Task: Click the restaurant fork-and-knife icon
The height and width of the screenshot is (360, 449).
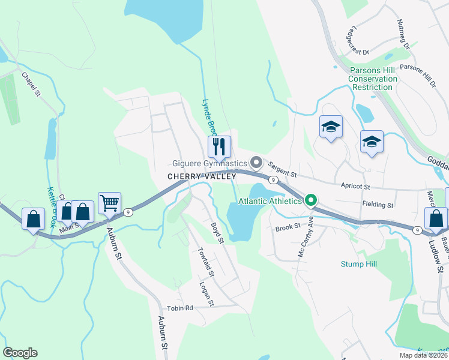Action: click(x=218, y=145)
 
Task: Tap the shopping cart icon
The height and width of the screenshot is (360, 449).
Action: click(x=109, y=203)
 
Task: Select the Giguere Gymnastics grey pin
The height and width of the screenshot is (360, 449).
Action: click(x=257, y=163)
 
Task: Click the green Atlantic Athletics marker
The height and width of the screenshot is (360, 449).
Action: click(x=310, y=200)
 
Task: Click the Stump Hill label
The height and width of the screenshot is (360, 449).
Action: click(x=358, y=263)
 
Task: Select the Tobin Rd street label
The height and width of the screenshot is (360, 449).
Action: click(x=180, y=308)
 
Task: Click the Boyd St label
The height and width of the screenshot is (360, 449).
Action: click(x=217, y=233)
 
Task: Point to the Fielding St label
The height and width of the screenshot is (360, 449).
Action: click(x=378, y=205)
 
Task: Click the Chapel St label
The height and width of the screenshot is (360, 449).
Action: click(x=31, y=85)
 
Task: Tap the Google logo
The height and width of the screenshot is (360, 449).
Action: click(x=20, y=353)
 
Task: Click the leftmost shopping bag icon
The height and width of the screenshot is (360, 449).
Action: click(x=33, y=218)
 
